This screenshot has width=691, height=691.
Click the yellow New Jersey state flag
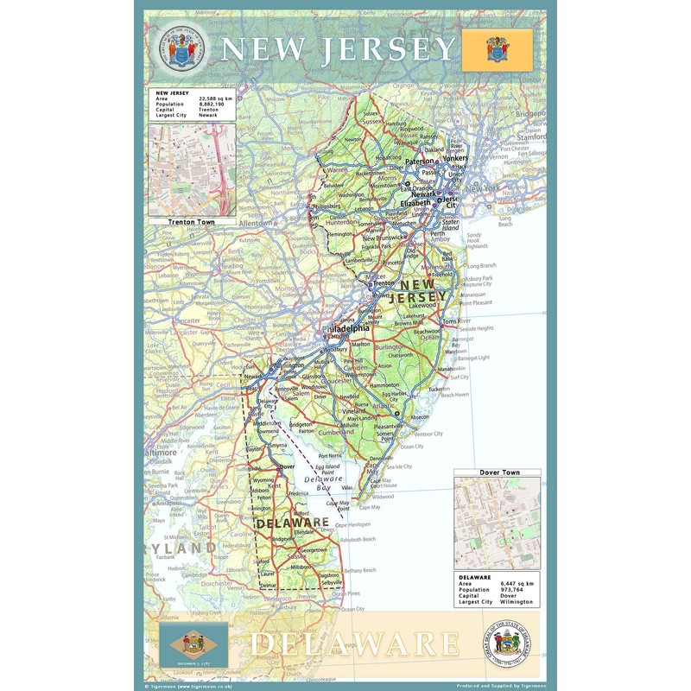click(x=497, y=49)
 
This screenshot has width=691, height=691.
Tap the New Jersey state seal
click(x=181, y=49)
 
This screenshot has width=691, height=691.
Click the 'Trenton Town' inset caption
click(x=192, y=222)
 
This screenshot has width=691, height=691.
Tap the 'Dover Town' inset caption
click(x=499, y=472)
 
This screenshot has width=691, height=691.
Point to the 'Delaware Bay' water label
click(x=325, y=484)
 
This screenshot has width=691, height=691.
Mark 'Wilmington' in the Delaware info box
click(x=518, y=602)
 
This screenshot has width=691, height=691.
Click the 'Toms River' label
click(x=455, y=321)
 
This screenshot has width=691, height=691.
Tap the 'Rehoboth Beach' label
click(x=358, y=539)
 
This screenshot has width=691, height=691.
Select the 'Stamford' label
click(x=530, y=136)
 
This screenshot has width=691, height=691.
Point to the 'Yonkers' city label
click(x=454, y=160)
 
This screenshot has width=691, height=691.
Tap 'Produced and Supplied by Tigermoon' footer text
click(x=499, y=686)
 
